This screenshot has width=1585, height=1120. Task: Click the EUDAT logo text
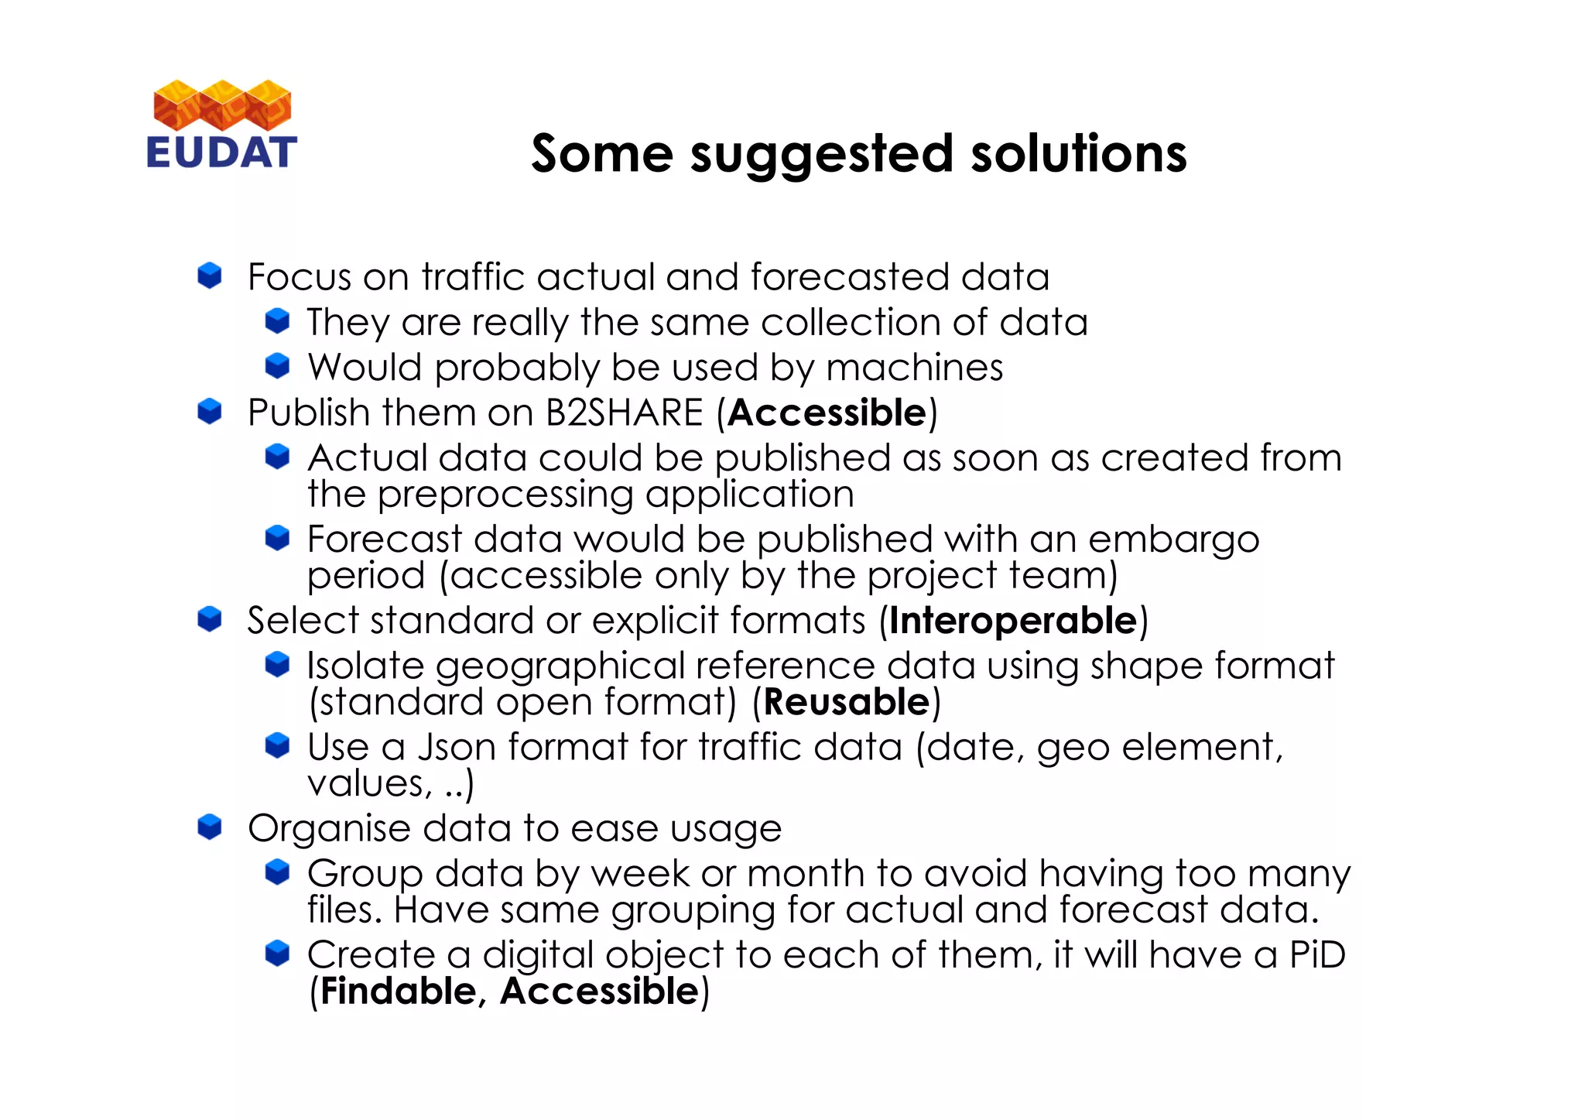tap(221, 152)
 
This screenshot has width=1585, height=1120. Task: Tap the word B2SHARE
tap(624, 413)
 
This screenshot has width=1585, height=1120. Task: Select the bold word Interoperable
tap(1013, 621)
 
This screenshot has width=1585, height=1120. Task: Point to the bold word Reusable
tap(846, 702)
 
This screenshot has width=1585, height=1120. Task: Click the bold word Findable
tap(398, 992)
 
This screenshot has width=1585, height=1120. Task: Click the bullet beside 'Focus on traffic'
tap(210, 276)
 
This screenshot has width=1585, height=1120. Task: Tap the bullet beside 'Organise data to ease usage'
tap(210, 827)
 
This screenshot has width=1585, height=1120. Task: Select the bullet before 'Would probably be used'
tap(277, 365)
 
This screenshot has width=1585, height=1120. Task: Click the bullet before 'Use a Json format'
tap(277, 745)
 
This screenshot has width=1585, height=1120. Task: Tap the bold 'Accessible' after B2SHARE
tap(827, 413)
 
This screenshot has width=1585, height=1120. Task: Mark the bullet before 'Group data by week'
tap(277, 872)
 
